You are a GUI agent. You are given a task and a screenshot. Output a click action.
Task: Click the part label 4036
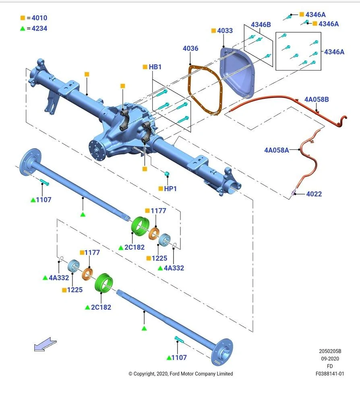190,48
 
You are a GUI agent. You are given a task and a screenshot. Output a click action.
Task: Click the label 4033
225,31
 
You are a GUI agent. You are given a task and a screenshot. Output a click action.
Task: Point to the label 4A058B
316,99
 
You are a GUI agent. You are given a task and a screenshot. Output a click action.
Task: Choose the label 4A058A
277,150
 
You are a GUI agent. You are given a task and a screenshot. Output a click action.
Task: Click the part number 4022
314,194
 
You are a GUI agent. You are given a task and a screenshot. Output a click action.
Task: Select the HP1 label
170,189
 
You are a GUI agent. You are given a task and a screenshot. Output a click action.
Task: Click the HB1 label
155,67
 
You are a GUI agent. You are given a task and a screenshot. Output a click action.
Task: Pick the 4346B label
261,25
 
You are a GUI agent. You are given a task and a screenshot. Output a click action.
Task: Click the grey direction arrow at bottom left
45,345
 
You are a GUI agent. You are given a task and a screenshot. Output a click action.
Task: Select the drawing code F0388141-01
330,374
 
